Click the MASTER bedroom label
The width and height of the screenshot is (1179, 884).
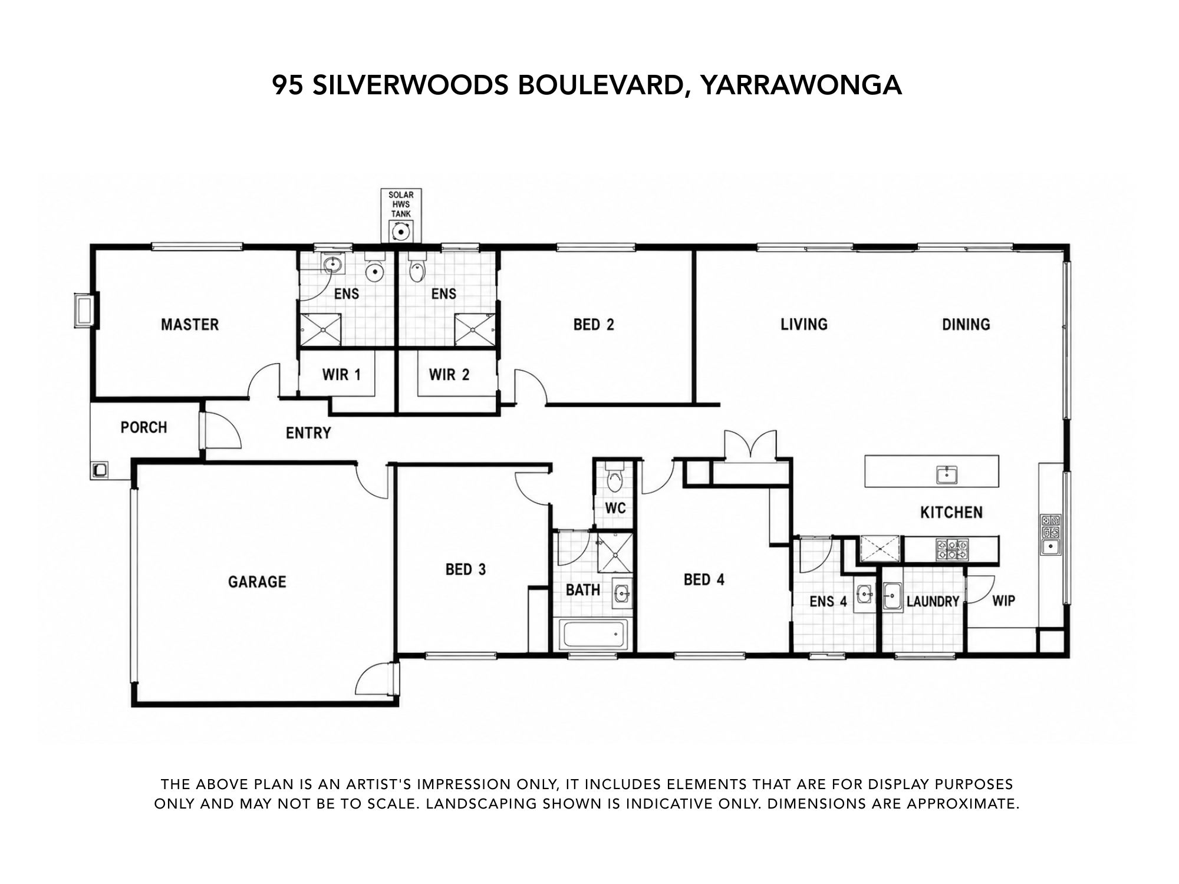coord(190,324)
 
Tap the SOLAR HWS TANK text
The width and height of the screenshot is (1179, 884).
coord(401,204)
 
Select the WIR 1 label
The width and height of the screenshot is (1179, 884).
coord(341,374)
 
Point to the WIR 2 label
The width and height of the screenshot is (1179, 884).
coord(449,374)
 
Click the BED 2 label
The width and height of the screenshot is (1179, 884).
coord(594,324)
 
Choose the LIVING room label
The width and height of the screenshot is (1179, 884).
coord(804,324)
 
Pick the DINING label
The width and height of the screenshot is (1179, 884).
coord(966,324)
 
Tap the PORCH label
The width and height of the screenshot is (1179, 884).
coord(144,427)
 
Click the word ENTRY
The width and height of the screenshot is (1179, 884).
coord(308,433)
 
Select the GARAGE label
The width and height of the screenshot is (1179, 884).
coord(257,582)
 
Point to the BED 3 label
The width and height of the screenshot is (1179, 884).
coord(466,569)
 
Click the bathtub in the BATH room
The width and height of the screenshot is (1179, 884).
coord(593,635)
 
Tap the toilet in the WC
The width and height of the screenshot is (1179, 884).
coord(614,477)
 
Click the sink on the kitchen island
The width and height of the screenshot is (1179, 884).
coord(947,474)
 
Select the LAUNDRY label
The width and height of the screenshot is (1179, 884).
coord(933,601)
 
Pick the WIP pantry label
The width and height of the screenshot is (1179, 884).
coord(1004,601)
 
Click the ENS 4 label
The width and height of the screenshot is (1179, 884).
coord(828,601)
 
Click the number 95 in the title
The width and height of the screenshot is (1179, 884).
coord(288,85)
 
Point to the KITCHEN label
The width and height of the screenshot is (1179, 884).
coord(951,512)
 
